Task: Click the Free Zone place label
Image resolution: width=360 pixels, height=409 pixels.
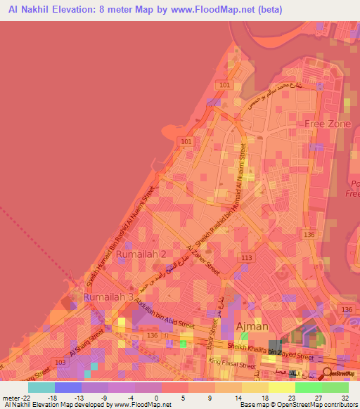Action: click(328, 124)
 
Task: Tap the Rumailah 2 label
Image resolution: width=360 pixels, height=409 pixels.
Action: click(141, 253)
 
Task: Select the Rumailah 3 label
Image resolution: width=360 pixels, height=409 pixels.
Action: click(108, 297)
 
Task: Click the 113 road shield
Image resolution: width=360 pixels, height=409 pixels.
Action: click(246, 258)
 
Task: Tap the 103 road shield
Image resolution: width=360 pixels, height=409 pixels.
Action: click(61, 361)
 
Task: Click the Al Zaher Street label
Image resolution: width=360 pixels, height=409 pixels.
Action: click(203, 261)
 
